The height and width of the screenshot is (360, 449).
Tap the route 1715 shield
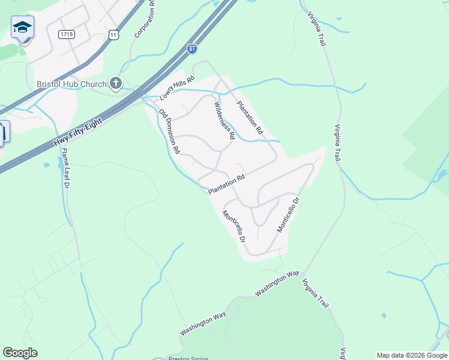pyautogui.click(x=67, y=35)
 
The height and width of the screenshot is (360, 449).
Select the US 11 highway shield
pyautogui.click(x=114, y=35)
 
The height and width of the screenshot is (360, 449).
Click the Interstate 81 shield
pyautogui.click(x=191, y=49)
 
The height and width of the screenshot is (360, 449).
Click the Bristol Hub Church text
pyautogui.click(x=71, y=84)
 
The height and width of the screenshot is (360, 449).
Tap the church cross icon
pyautogui.click(x=116, y=83)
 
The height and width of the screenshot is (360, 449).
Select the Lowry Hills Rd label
pyautogui.click(x=178, y=88)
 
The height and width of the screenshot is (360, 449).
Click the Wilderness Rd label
pyautogui.click(x=224, y=120)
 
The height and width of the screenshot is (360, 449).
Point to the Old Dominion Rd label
pyautogui.click(x=170, y=133)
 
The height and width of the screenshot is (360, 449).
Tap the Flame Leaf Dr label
pyautogui.click(x=65, y=170)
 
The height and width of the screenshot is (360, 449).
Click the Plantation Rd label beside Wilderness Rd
pyautogui.click(x=250, y=117)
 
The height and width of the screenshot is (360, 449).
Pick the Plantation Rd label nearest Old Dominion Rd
pyautogui.click(x=227, y=184)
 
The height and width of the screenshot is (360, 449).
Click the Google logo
pyautogui.click(x=20, y=353)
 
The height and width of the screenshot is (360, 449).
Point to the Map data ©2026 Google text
pyautogui.click(x=412, y=355)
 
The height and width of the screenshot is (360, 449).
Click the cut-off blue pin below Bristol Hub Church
pyautogui.click(x=3, y=132)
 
